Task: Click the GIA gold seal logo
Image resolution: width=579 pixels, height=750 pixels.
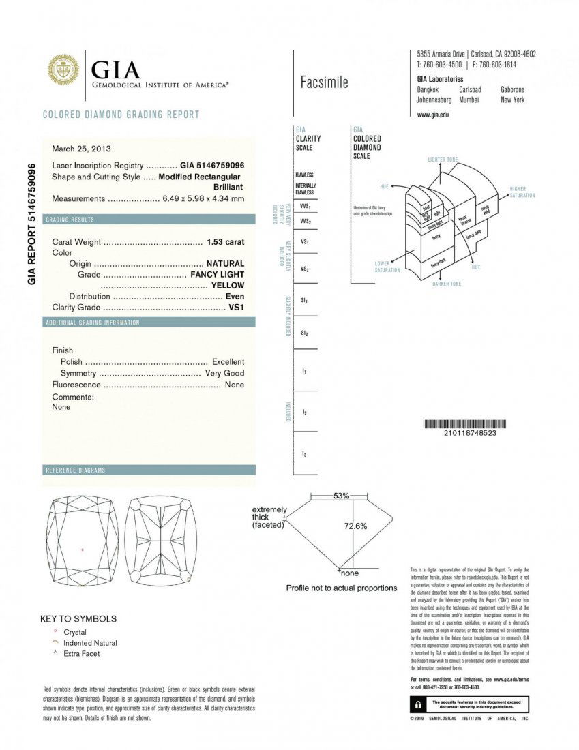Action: tap(63, 71)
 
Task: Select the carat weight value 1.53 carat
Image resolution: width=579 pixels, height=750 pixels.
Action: tap(225, 242)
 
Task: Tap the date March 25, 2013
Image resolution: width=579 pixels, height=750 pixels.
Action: tap(81, 149)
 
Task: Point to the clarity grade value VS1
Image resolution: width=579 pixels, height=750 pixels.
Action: tap(236, 307)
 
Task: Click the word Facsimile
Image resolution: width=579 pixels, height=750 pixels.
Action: tap(324, 83)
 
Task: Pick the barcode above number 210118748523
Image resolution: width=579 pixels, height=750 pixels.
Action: tap(469, 423)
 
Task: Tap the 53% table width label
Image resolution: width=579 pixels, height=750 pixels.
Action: tap(341, 496)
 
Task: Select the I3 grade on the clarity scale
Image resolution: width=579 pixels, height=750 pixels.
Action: tap(303, 453)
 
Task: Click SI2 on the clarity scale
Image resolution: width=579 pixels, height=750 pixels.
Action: tap(304, 333)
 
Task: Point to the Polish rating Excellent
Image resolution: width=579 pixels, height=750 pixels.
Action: tap(228, 362)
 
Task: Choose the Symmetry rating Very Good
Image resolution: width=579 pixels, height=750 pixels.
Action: tap(224, 374)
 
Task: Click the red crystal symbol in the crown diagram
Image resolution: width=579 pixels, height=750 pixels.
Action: tap(83, 550)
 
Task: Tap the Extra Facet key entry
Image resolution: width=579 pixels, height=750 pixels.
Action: tap(81, 654)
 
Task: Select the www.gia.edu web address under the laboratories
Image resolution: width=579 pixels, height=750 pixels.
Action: tap(432, 115)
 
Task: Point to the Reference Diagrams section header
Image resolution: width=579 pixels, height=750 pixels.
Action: tap(75, 470)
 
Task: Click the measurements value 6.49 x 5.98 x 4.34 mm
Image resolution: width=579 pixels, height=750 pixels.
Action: tap(203, 199)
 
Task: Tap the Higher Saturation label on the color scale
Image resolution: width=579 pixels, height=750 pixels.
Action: tap(522, 192)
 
